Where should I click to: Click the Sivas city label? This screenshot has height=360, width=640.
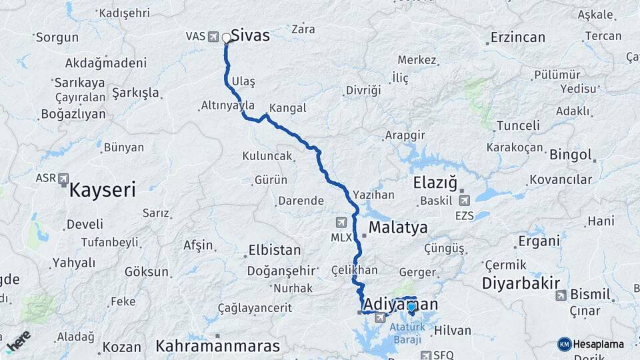pyautogui.click(x=250, y=35)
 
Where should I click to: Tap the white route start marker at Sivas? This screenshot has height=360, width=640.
pyautogui.click(x=227, y=38)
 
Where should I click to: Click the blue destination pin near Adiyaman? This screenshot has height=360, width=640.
pyautogui.click(x=411, y=307)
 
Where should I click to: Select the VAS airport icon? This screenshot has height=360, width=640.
pyautogui.click(x=213, y=36)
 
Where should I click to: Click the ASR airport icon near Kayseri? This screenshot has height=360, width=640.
pyautogui.click(x=63, y=179)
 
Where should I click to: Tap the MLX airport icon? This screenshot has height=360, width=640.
pyautogui.click(x=341, y=223)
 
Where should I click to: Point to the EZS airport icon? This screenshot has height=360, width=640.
pyautogui.click(x=465, y=199)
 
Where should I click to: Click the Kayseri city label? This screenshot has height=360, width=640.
pyautogui.click(x=102, y=191)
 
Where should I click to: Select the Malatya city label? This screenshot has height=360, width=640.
pyautogui.click(x=398, y=228)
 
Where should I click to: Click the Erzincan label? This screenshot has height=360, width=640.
pyautogui.click(x=517, y=37)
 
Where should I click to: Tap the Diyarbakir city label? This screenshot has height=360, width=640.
pyautogui.click(x=521, y=283)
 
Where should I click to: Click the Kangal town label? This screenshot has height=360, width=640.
pyautogui.click(x=288, y=107)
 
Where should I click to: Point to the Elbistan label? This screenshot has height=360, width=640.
pyautogui.click(x=274, y=251)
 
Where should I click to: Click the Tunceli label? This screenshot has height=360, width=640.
pyautogui.click(x=518, y=125)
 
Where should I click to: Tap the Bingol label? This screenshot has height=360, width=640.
pyautogui.click(x=571, y=155)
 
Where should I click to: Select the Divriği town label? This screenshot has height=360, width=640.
pyautogui.click(x=363, y=90)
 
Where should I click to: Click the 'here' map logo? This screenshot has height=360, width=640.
pyautogui.click(x=17, y=342)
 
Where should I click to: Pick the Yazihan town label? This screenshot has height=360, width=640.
pyautogui.click(x=374, y=195)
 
